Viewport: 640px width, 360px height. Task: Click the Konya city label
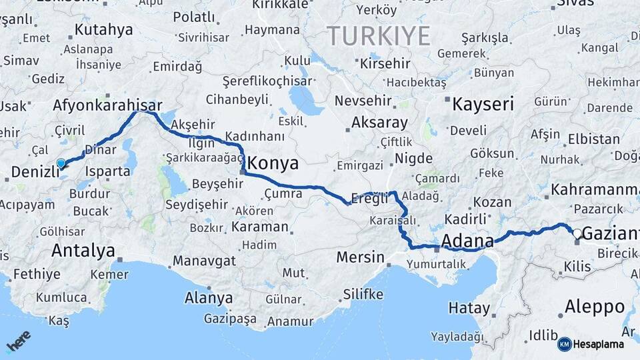[273, 164]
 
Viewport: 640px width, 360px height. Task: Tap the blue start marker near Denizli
[61, 163]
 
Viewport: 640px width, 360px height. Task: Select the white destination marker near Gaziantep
[577, 234]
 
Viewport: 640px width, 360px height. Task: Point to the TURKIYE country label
[378, 36]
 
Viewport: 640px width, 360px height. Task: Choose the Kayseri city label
[483, 104]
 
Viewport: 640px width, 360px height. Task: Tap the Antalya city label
[83, 251]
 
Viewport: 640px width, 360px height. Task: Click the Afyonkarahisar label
[107, 105]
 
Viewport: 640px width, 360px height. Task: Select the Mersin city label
[361, 257]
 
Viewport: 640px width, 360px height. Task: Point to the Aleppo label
[595, 307]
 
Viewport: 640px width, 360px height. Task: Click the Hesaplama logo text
[598, 344]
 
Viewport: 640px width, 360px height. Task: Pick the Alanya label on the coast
[208, 297]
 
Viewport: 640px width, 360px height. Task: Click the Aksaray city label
[379, 123]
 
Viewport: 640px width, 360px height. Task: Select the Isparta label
[107, 171]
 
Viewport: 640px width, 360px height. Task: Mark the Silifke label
[363, 294]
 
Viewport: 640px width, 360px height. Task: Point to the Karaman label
[260, 227]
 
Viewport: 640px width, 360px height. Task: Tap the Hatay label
[469, 309]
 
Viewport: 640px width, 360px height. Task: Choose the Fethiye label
[37, 273]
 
